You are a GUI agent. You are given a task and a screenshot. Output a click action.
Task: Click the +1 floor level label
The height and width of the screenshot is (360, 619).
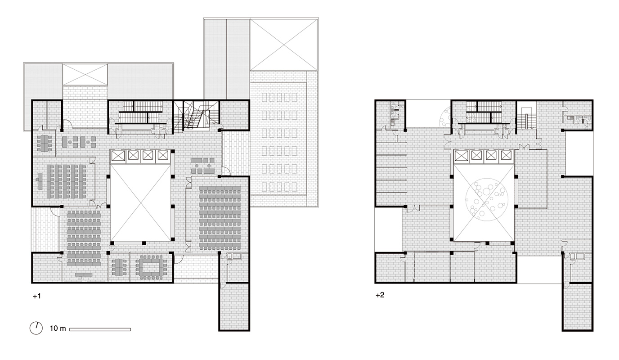(x=37, y=296)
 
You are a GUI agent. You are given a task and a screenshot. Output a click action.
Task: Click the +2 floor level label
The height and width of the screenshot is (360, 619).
(x=380, y=295)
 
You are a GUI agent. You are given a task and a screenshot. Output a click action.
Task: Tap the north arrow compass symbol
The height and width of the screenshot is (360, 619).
(x=36, y=328)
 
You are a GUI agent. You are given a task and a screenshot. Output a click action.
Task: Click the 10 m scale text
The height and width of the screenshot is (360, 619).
(x=58, y=328)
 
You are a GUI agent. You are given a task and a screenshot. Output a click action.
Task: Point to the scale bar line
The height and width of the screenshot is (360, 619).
(x=100, y=329)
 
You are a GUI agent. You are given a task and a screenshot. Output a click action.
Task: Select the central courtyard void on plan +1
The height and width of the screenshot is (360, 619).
(x=140, y=202)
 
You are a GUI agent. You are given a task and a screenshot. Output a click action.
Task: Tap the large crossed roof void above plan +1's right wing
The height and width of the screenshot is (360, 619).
(x=284, y=45)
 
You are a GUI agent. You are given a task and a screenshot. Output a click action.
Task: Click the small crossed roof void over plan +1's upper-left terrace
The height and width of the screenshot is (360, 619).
(x=85, y=75)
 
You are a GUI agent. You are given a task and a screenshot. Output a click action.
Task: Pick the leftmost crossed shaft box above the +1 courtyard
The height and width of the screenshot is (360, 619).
(x=118, y=156)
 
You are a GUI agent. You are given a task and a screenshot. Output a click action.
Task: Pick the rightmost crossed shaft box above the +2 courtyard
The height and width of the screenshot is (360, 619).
(x=506, y=156)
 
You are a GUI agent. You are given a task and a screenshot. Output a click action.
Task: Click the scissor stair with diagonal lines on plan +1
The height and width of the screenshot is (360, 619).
(x=196, y=115)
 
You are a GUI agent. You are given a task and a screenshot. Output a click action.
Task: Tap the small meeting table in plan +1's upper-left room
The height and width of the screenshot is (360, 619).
(x=45, y=143)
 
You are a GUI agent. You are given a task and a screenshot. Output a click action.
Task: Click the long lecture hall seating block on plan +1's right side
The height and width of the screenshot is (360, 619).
(x=220, y=218)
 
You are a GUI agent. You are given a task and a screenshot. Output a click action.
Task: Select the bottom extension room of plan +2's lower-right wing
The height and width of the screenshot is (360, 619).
(x=578, y=306)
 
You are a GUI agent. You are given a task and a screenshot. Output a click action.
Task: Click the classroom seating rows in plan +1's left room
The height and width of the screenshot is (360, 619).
(x=66, y=181)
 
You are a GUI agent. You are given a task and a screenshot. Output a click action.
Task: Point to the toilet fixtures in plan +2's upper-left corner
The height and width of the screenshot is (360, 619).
(x=394, y=114)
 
